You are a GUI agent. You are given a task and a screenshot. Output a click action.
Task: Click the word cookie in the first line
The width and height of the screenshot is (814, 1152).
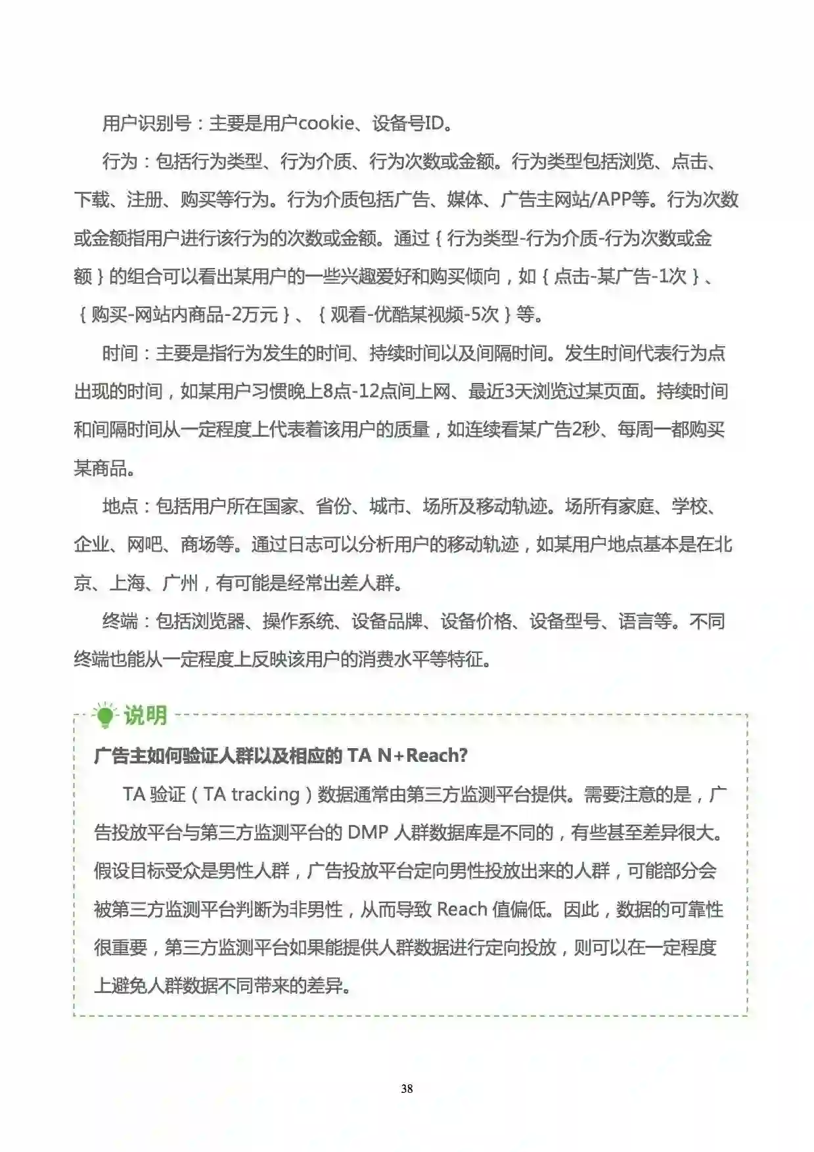(325, 123)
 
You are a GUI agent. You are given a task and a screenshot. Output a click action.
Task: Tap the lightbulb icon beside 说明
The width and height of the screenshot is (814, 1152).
(104, 715)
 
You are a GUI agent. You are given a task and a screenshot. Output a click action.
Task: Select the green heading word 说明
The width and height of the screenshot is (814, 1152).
(145, 715)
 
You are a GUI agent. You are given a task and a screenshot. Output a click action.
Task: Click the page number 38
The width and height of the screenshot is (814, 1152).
(407, 1088)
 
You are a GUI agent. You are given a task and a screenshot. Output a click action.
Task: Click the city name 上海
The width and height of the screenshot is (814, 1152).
(127, 583)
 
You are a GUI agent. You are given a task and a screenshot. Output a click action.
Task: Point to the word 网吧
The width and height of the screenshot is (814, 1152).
(145, 544)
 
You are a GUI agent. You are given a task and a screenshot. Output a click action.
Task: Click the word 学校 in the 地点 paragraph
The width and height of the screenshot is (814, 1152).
(689, 506)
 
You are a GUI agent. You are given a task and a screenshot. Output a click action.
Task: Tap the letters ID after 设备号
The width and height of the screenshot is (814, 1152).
(434, 123)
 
